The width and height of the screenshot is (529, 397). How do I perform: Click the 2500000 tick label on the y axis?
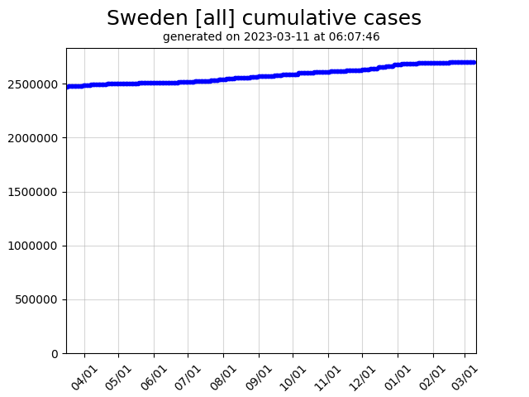coord(35,84)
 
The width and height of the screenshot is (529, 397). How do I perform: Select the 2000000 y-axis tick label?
coord(35,138)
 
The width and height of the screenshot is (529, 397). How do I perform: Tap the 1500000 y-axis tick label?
coord(35,192)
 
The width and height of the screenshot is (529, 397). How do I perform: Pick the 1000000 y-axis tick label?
coord(35,246)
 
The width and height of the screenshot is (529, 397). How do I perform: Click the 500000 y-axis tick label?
coord(38,299)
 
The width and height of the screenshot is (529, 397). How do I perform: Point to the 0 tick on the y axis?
coord(55,353)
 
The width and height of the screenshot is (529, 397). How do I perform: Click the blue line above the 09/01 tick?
coord(259,76)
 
